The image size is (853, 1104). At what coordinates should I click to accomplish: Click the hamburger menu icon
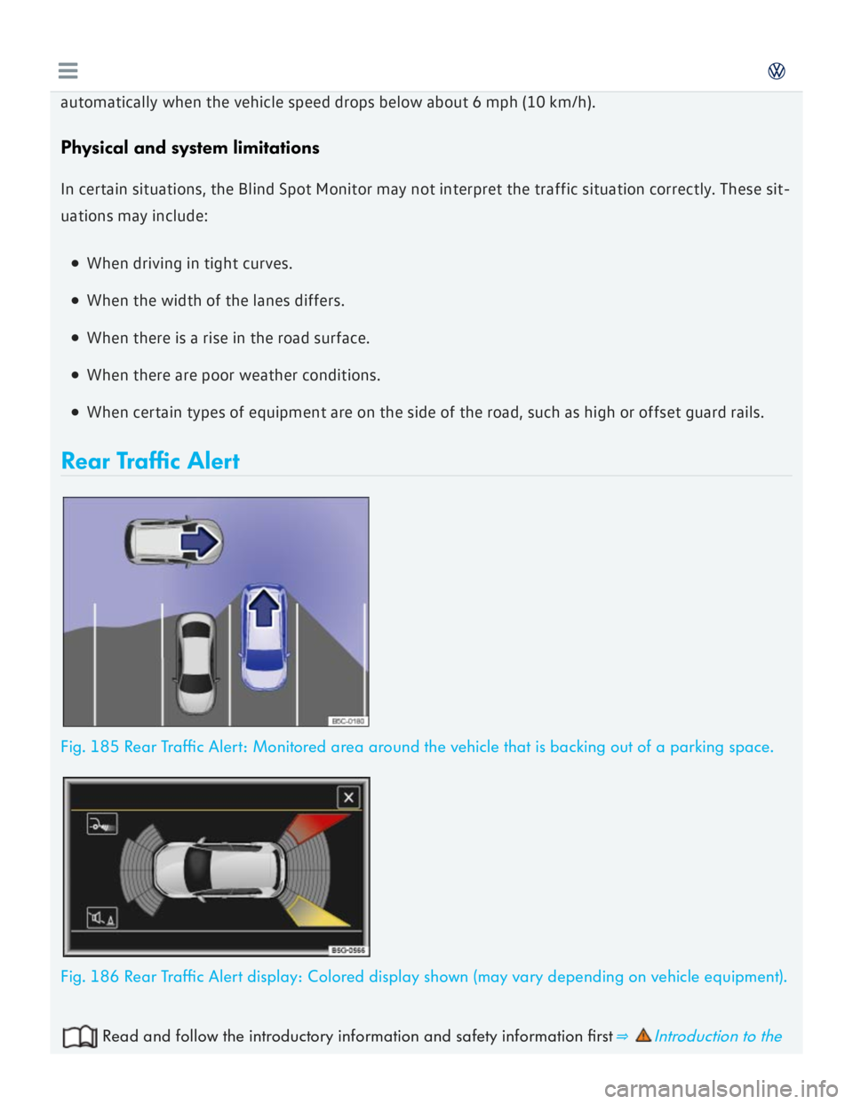(x=68, y=71)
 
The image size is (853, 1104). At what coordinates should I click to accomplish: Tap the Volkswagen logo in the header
(x=777, y=71)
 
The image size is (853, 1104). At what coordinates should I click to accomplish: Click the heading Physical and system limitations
(x=190, y=148)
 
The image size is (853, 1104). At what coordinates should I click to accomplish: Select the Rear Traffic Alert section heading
(x=150, y=460)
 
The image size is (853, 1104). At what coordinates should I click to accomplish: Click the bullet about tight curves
(x=189, y=263)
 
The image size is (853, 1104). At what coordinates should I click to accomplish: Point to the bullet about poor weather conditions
(x=233, y=375)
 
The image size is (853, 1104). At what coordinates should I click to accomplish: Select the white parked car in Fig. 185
(x=195, y=662)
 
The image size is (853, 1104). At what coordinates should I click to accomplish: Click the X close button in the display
(x=348, y=797)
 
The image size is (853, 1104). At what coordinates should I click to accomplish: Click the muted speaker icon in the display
(x=101, y=917)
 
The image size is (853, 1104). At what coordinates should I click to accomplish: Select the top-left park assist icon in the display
(x=101, y=824)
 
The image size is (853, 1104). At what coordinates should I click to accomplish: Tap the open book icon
(x=80, y=1036)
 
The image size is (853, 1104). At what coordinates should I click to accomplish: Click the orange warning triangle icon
(x=643, y=1036)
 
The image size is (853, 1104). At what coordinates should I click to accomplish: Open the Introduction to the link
(x=718, y=1036)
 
